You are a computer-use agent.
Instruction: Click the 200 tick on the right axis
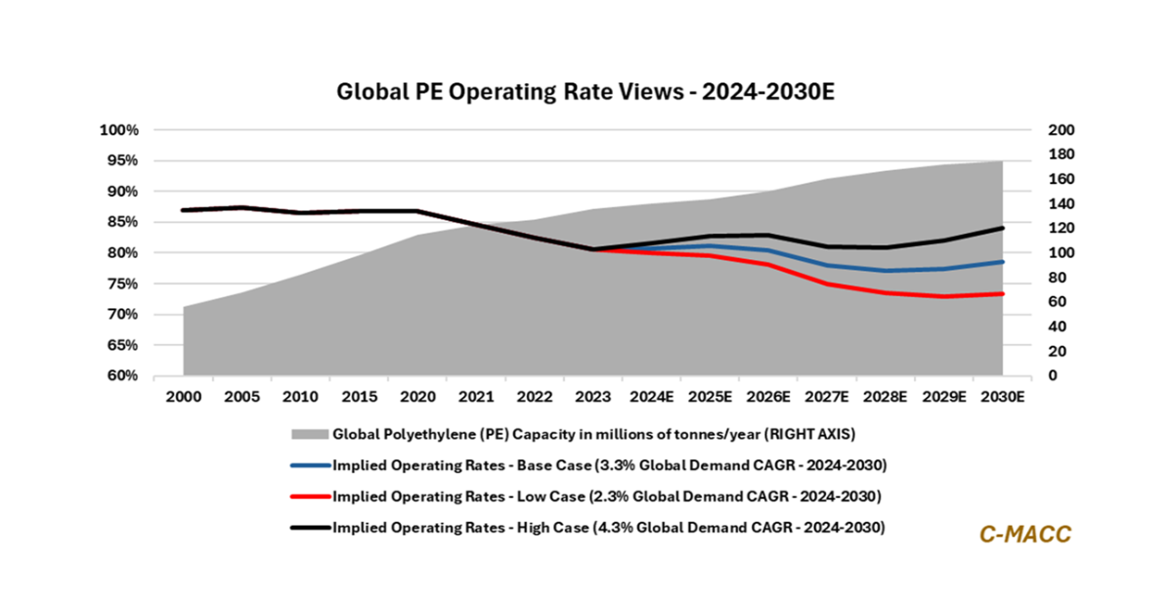click(1033, 130)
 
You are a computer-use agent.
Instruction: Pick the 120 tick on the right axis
click(1033, 228)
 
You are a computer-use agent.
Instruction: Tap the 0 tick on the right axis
click(1025, 376)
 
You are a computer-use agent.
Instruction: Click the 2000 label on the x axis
click(183, 398)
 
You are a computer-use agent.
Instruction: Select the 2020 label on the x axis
click(417, 398)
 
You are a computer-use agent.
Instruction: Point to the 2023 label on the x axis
click(593, 398)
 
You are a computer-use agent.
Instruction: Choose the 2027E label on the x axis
click(827, 398)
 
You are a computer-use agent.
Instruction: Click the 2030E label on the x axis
click(1003, 398)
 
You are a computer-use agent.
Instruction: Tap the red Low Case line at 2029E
click(944, 296)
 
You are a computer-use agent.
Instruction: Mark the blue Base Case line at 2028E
click(886, 271)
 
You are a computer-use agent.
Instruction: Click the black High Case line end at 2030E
click(1003, 228)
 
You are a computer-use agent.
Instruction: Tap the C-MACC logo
click(1025, 534)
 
